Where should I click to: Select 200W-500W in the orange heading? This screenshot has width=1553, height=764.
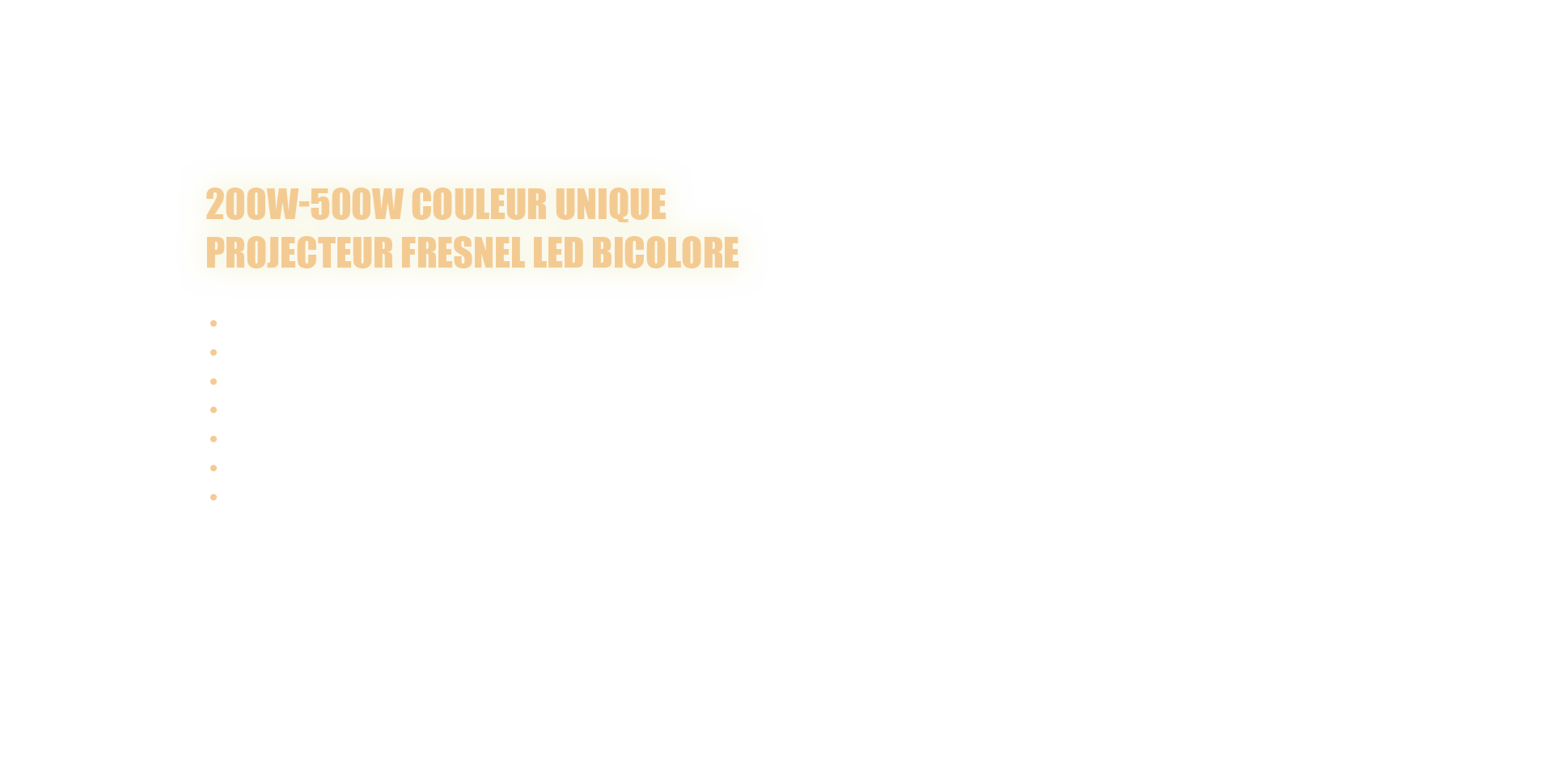click(x=303, y=205)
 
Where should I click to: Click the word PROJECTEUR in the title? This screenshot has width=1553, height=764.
click(x=298, y=253)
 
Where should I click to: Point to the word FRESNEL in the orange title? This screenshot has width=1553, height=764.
click(x=463, y=253)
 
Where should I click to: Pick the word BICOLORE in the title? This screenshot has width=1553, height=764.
click(x=665, y=253)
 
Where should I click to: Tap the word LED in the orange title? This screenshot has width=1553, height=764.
click(x=558, y=253)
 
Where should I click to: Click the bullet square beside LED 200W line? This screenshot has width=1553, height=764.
click(x=214, y=323)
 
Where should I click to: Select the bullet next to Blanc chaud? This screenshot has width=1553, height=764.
click(x=214, y=352)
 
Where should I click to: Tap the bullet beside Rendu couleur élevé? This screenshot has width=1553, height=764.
click(x=214, y=382)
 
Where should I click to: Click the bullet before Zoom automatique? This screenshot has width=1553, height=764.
click(x=214, y=410)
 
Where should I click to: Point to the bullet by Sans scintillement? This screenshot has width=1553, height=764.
click(x=214, y=439)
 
